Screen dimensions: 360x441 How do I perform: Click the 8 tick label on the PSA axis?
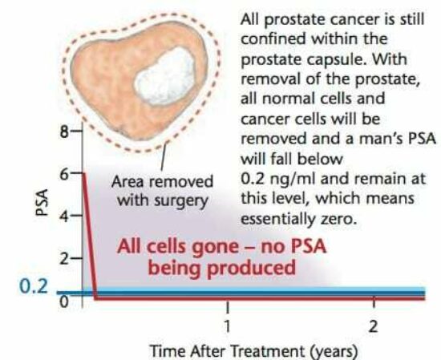[x=63, y=131]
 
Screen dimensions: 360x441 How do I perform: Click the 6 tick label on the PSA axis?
[x=63, y=172]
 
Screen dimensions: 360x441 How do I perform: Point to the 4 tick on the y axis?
[x=63, y=216]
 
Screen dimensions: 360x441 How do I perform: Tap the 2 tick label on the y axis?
[x=63, y=259]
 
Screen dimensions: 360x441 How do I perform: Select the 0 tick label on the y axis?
[x=63, y=301]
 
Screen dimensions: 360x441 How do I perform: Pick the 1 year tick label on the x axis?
[x=228, y=326]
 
